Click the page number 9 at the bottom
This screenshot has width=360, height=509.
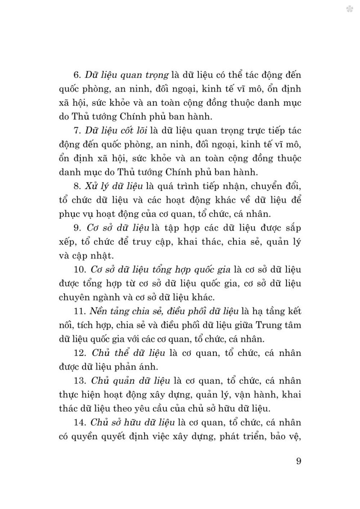tap(298, 461)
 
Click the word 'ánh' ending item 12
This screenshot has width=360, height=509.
tap(149, 367)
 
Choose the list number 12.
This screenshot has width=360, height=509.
tap(79, 353)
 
